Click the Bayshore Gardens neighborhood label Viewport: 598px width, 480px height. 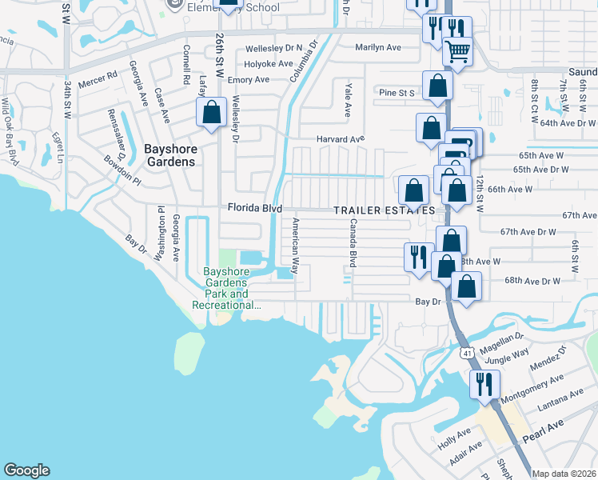pos(169,154)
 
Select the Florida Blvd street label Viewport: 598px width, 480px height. pos(255,208)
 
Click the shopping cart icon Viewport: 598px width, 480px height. pos(456,51)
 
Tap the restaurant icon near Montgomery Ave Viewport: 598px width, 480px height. pos(484,385)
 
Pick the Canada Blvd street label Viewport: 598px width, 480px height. pos(352,242)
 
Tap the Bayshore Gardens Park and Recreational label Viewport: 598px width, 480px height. pos(226,288)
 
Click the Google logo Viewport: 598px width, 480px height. pos(26,470)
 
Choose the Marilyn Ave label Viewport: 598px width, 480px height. pos(378,47)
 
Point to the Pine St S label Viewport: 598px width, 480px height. pos(397,93)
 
